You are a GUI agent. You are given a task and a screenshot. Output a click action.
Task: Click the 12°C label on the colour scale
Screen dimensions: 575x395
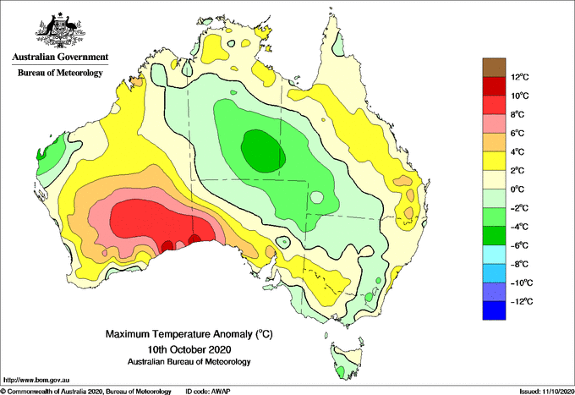[520, 77]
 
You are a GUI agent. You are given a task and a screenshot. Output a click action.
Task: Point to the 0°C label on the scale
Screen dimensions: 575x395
[517, 189]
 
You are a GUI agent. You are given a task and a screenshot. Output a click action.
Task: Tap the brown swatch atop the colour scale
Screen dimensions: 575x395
[494, 68]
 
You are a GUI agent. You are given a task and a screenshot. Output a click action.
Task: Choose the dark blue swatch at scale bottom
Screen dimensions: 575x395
[494, 310]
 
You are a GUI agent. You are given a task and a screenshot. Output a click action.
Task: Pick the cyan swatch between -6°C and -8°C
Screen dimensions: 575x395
[494, 255]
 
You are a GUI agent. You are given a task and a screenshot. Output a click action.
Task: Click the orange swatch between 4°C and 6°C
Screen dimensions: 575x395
[494, 142]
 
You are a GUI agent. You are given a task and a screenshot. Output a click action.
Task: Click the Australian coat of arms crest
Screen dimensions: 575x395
[60, 30]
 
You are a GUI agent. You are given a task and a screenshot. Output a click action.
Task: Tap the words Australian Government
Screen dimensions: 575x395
[60, 57]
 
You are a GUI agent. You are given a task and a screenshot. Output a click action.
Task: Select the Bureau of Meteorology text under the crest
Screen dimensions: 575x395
[60, 73]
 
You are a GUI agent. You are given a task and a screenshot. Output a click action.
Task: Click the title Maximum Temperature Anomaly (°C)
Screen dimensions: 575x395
[189, 334]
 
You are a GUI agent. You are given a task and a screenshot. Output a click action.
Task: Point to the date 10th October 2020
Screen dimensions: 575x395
[189, 348]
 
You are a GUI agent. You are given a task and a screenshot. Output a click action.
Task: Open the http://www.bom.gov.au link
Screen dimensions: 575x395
[36, 380]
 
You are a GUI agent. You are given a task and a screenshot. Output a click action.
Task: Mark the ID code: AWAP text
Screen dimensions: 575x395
[208, 392]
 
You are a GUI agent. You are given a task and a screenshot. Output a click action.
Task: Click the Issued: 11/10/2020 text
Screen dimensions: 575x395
[547, 392]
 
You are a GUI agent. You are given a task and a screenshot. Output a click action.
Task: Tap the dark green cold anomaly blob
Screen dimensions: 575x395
[263, 151]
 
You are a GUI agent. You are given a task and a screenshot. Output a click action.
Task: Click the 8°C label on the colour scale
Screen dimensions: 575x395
[517, 114]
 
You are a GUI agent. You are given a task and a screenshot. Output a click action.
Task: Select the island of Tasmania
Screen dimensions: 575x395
[347, 359]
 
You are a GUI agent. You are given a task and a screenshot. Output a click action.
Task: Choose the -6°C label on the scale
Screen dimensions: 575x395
[519, 245]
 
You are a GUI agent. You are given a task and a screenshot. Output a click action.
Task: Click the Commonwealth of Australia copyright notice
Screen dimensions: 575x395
[85, 392]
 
